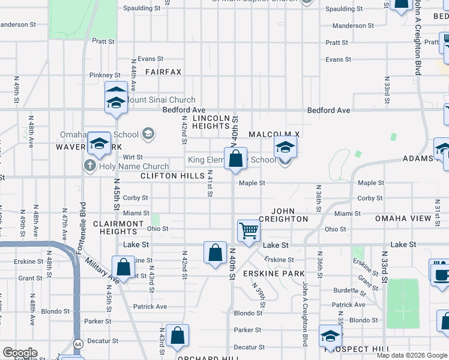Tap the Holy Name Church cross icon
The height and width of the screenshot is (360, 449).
tap(90, 166)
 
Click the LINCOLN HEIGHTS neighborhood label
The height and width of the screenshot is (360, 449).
tap(211, 122)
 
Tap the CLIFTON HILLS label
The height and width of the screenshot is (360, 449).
tap(169, 176)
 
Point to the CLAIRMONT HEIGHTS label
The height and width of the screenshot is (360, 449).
tap(119, 227)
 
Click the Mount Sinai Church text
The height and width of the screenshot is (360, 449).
tap(160, 100)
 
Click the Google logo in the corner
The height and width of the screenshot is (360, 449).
tap(20, 353)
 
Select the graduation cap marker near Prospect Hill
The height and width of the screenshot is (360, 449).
tap(330, 336)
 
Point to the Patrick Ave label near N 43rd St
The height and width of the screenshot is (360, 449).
tap(150, 307)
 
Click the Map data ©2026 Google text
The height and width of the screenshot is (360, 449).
tap(412, 355)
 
